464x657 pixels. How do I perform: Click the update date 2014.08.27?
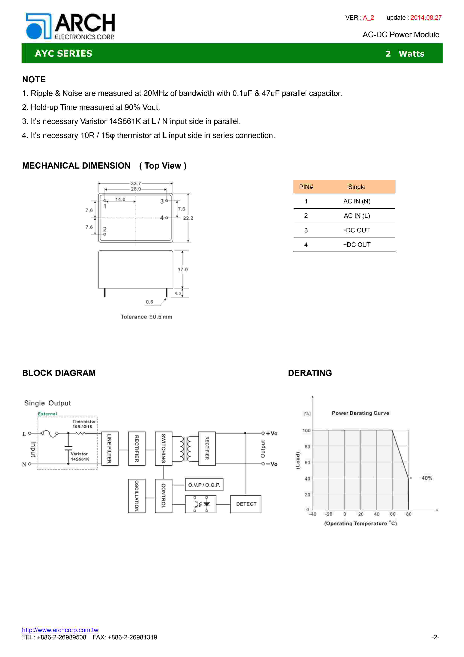tap(426, 18)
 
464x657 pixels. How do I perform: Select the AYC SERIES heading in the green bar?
tap(63, 54)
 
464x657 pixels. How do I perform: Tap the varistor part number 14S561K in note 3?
tap(125, 122)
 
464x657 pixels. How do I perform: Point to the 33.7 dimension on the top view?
tap(136, 183)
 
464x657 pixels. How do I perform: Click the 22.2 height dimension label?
tap(188, 218)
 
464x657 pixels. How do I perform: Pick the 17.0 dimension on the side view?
tap(183, 270)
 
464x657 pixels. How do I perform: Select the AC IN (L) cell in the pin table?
tap(357, 216)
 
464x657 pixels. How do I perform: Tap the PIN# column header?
tap(306, 187)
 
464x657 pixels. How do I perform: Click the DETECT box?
tap(246, 504)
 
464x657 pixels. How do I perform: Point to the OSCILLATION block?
tap(137, 496)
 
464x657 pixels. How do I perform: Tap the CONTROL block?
tap(164, 496)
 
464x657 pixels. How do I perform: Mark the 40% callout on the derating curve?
tap(427, 478)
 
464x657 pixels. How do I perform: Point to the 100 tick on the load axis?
tap(306, 431)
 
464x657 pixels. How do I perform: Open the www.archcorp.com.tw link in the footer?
tap(60, 630)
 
